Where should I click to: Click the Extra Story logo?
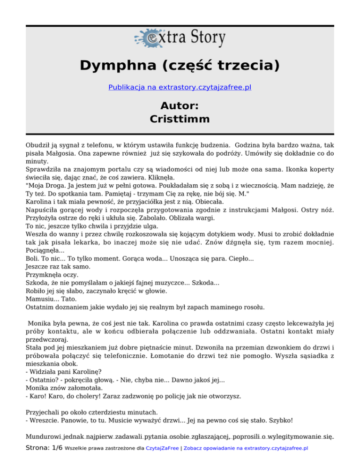click(180, 38)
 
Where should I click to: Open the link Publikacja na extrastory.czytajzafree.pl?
click(180, 87)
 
